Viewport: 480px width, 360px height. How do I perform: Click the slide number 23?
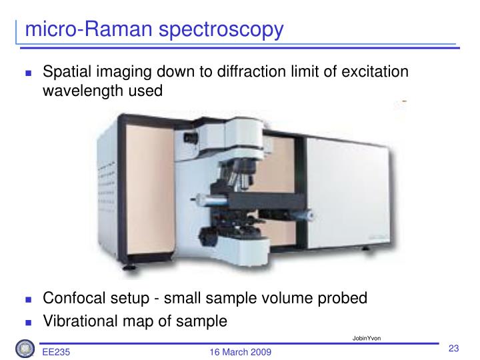pos(455,349)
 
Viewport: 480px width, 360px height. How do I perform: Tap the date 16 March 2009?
pos(240,351)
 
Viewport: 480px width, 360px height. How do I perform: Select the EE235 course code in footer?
pos(57,351)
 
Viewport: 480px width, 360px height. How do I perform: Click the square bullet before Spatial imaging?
pos(28,73)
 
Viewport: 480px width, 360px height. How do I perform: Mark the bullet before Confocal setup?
pos(28,299)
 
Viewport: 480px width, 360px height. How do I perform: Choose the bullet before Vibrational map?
pos(28,321)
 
